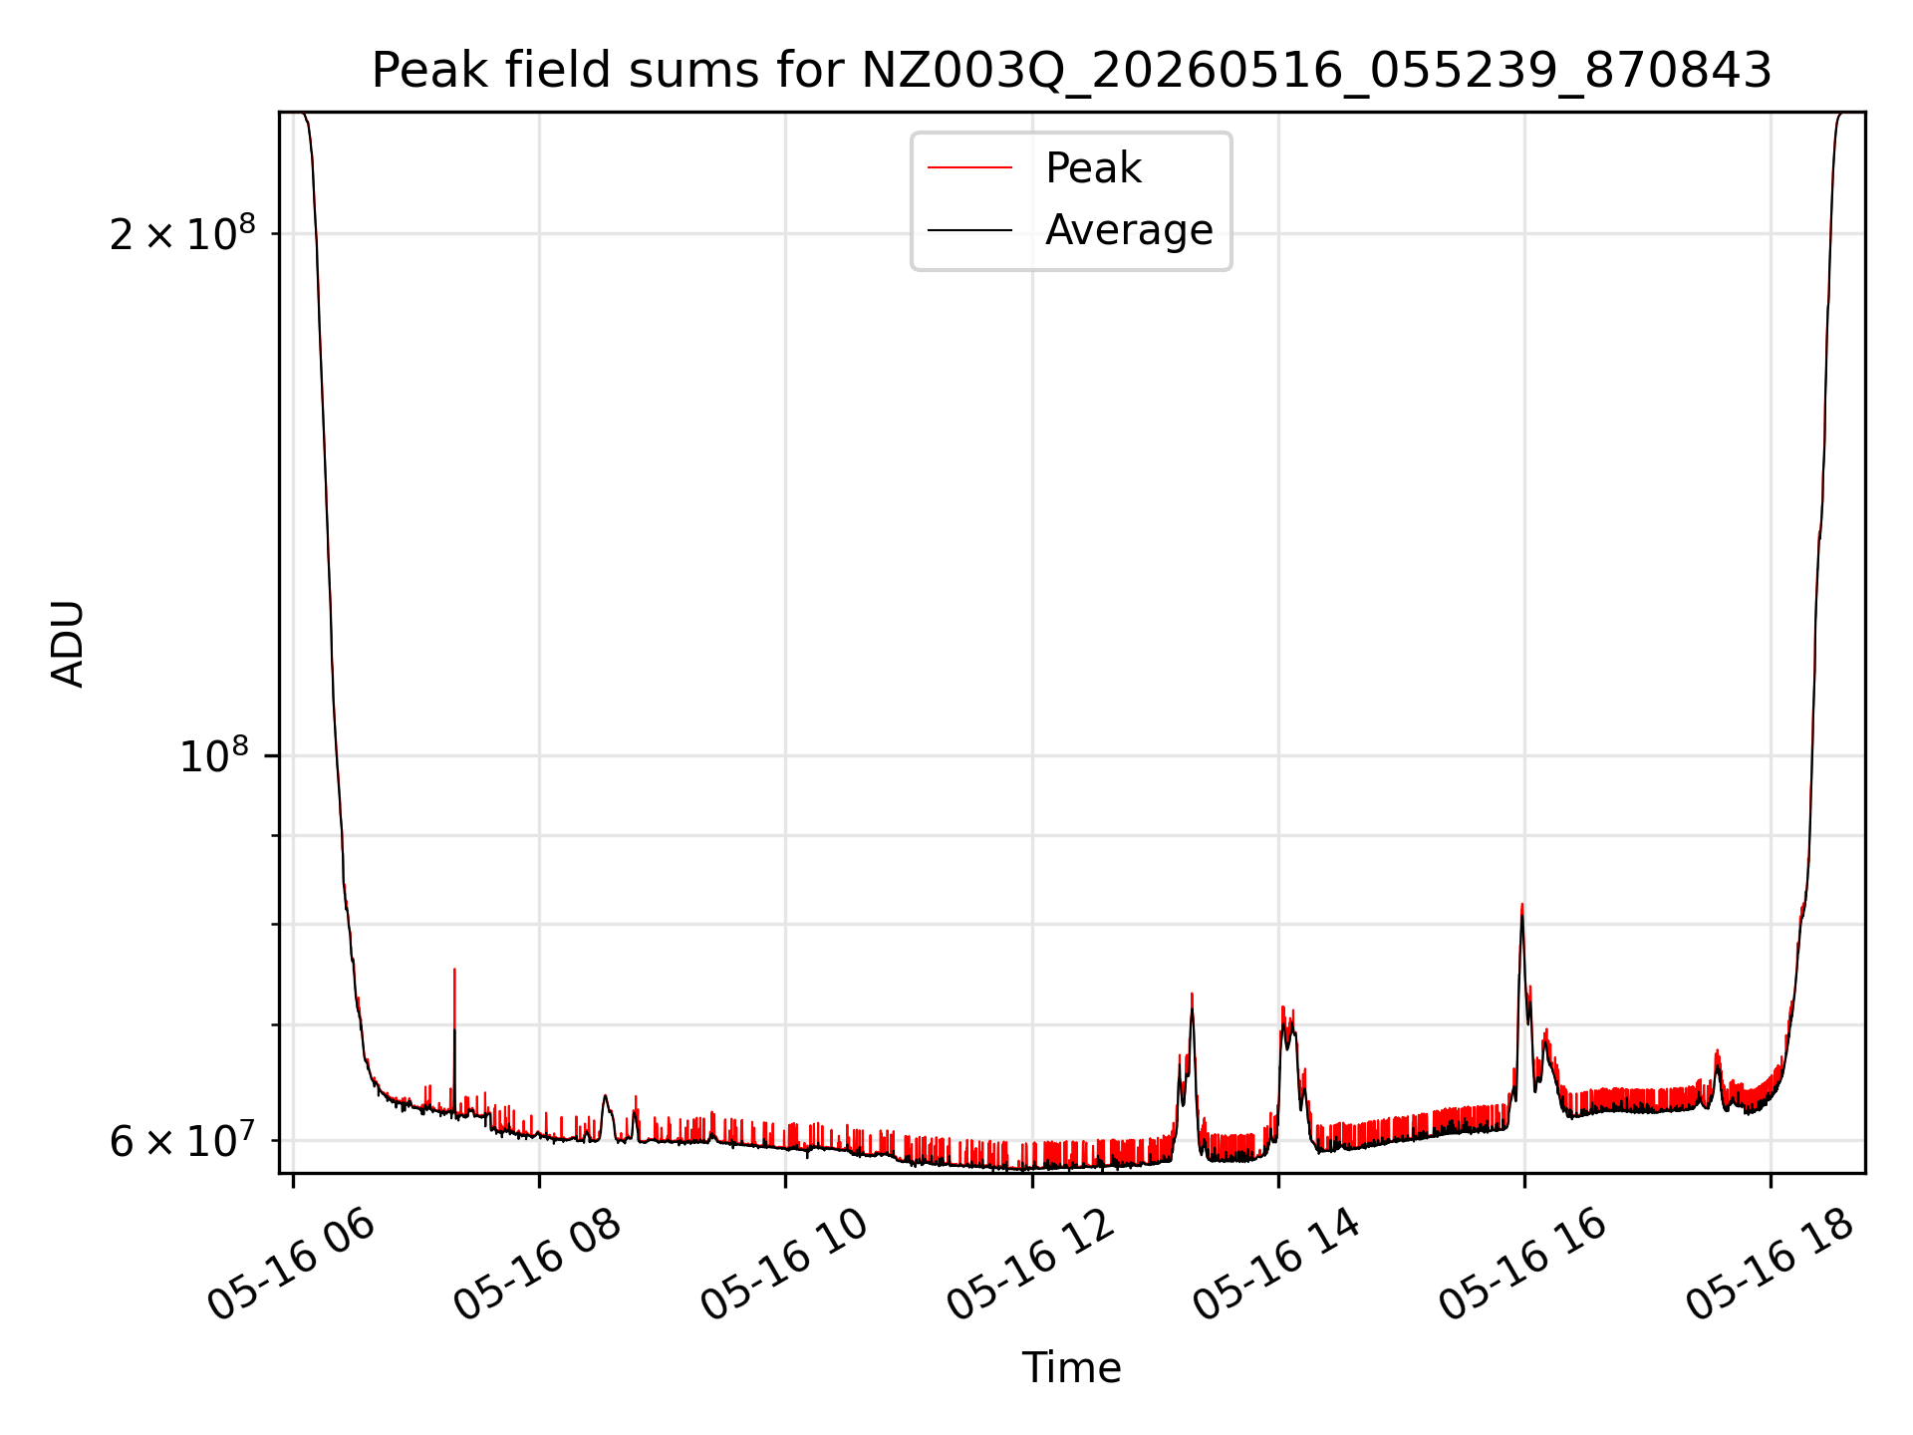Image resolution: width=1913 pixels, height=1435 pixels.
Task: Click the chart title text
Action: [x=1071, y=71]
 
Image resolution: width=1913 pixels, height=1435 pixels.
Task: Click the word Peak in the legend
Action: [x=1093, y=168]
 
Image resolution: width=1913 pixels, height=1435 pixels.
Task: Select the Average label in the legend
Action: [x=1129, y=230]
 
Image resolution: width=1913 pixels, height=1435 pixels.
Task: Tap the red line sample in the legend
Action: [x=969, y=168]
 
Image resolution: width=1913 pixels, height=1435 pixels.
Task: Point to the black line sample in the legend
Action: [x=969, y=230]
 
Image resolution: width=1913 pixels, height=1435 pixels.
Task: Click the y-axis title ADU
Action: [x=68, y=644]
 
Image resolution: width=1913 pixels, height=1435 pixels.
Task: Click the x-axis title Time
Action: [x=1071, y=1368]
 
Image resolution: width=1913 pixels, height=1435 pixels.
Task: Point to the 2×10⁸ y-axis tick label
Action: [x=182, y=233]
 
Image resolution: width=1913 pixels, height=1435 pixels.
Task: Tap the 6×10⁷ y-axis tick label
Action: [x=182, y=1140]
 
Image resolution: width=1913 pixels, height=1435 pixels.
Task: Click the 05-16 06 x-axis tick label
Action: [x=292, y=1264]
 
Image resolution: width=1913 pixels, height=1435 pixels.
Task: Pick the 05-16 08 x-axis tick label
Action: [x=538, y=1264]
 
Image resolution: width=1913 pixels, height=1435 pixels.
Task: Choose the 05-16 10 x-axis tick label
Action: [x=784, y=1264]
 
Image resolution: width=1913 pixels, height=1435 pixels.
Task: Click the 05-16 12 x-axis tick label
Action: [x=1030, y=1264]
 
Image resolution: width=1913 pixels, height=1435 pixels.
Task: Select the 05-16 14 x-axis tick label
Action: [x=1276, y=1264]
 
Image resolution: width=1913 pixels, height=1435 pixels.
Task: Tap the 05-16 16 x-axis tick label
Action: [x=1523, y=1264]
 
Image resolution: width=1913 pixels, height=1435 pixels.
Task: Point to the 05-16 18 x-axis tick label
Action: [x=1770, y=1264]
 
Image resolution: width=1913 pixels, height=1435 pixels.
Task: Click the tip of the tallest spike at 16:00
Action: [x=1522, y=904]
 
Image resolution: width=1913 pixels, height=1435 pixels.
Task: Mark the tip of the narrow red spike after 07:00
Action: [x=454, y=968]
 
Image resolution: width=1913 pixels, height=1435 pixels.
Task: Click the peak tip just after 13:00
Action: [x=1192, y=994]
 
